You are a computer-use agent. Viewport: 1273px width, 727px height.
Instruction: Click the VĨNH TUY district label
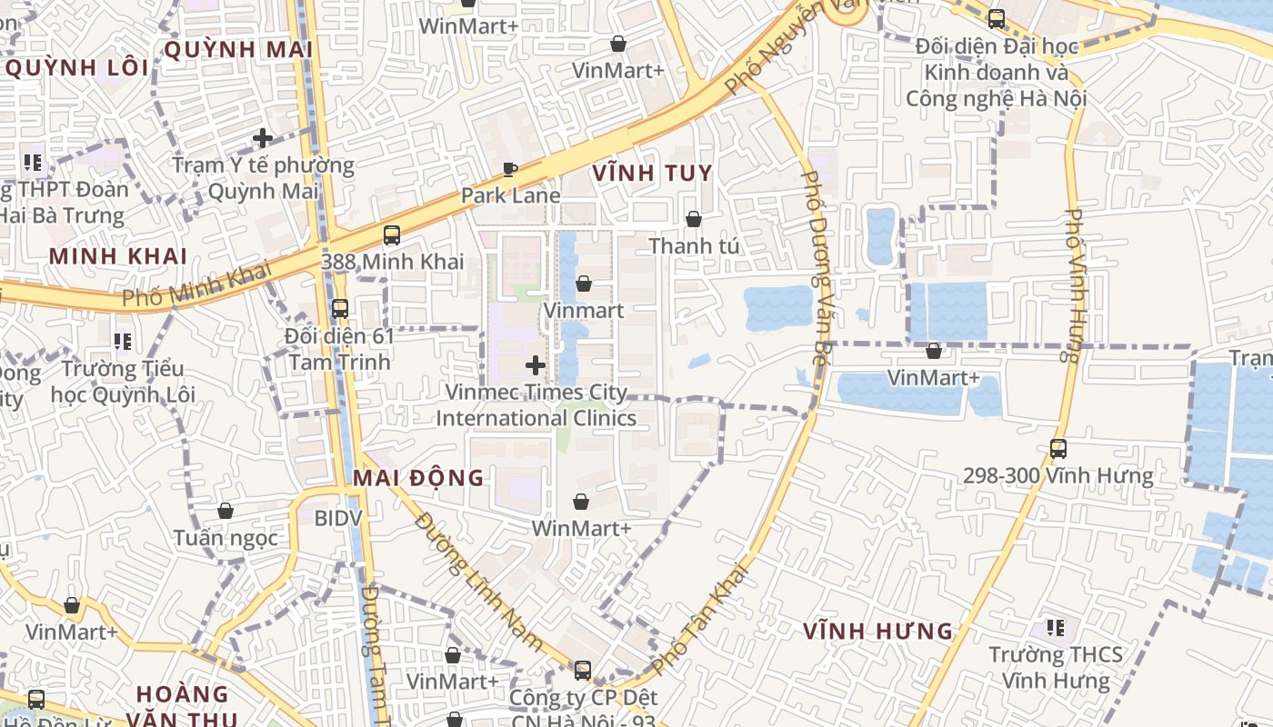(652, 173)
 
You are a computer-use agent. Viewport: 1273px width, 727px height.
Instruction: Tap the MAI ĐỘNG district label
(418, 478)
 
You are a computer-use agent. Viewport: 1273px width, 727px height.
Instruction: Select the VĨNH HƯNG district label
(878, 631)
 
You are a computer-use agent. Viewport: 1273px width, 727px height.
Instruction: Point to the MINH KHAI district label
(118, 256)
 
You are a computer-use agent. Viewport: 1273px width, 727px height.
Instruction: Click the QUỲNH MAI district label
(238, 49)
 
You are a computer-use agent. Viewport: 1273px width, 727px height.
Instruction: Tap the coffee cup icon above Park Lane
(510, 169)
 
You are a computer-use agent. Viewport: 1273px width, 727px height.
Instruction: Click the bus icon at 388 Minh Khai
(392, 235)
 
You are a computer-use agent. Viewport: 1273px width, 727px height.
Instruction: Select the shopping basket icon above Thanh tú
(694, 219)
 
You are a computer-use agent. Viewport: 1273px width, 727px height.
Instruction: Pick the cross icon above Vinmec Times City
(536, 365)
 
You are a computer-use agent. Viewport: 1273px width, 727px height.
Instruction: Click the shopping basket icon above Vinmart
(584, 284)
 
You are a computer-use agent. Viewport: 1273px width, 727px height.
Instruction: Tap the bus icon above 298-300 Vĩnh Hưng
(1058, 448)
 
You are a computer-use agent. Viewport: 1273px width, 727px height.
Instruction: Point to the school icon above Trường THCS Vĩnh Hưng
(1055, 627)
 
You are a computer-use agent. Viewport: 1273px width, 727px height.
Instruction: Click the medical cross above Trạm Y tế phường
(263, 138)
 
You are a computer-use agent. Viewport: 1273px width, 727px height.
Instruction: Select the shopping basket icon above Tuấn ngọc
(226, 511)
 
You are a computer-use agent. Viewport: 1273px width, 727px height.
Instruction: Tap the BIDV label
(338, 518)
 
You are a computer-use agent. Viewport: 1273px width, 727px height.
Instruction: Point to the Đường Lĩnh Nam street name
(478, 583)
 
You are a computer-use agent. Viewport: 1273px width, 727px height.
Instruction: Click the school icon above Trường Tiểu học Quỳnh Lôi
(123, 342)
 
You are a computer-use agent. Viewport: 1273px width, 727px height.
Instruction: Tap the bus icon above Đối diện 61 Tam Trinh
(339, 309)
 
